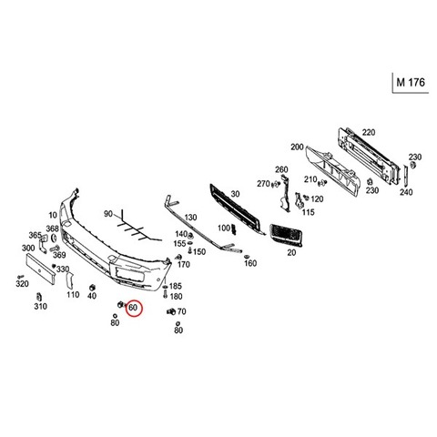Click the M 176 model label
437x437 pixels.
coord(411,82)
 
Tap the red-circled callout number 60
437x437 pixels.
coord(133,308)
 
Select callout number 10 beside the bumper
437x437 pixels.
coord(53,215)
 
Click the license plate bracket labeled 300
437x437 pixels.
coord(40,269)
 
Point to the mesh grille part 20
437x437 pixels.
coord(286,235)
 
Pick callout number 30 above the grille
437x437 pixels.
coord(235,194)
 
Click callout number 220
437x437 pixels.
coord(369,132)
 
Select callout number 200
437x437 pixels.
coord(297,147)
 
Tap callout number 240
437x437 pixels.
coord(406,192)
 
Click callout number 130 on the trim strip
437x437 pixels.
coord(190,218)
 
